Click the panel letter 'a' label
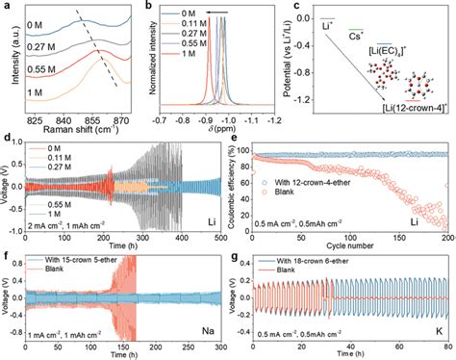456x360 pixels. click(7, 8)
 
